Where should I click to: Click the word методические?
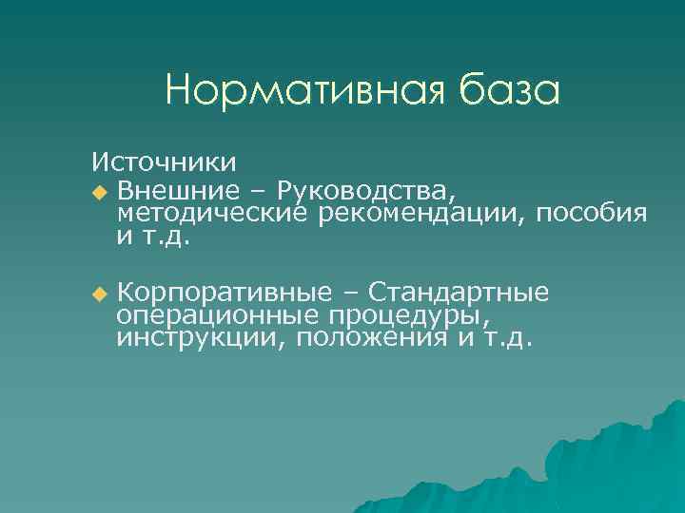(211, 211)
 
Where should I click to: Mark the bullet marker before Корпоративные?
(100, 294)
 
